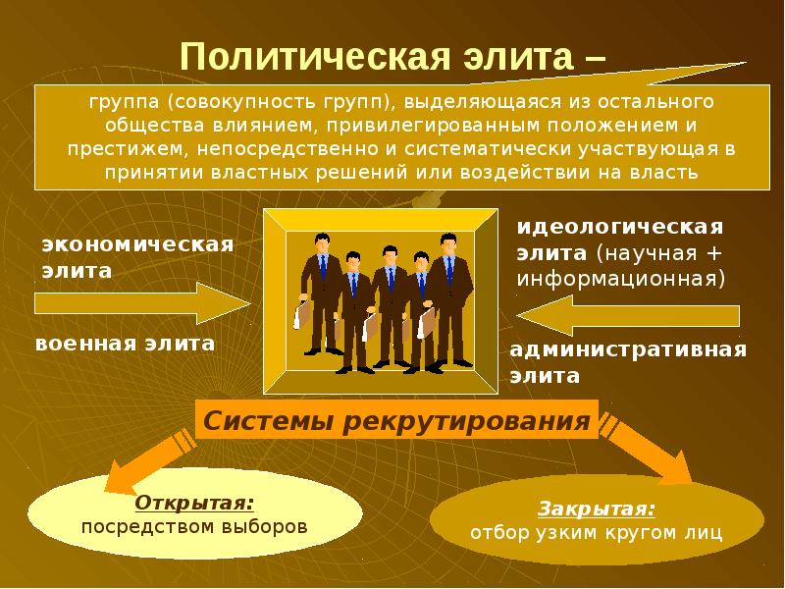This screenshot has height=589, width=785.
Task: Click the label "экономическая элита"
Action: (137, 255)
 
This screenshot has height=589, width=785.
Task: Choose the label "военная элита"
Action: (125, 344)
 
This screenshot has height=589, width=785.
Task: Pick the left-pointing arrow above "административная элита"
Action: (628, 316)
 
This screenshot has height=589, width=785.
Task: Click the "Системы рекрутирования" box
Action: (396, 421)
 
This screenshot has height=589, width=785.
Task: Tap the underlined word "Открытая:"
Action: (194, 502)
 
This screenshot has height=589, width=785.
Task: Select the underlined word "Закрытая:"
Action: (597, 509)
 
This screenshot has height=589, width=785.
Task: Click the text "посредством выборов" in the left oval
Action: (194, 526)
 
